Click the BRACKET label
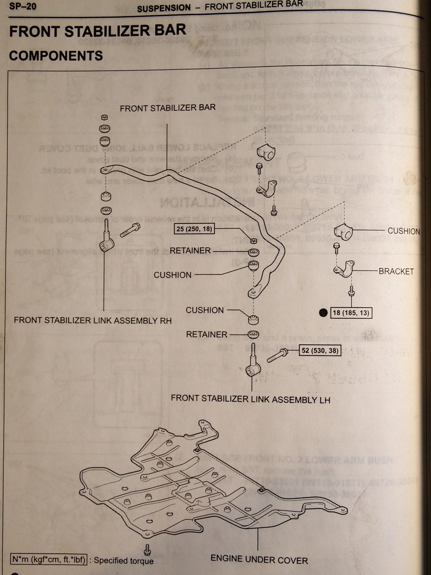pos(396,271)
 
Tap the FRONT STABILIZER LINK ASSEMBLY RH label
pos(93,320)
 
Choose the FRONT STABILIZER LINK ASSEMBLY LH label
pos(250,399)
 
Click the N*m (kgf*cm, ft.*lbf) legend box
pos(49,559)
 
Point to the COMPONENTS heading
pos(56,56)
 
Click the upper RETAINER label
pos(190,250)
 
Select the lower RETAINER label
pos(207,334)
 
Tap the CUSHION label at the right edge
pos(403,231)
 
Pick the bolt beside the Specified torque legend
pos(147,549)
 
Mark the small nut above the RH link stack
pos(104,117)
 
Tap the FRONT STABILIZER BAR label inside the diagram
pos(168,108)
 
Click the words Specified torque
pos(124,561)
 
